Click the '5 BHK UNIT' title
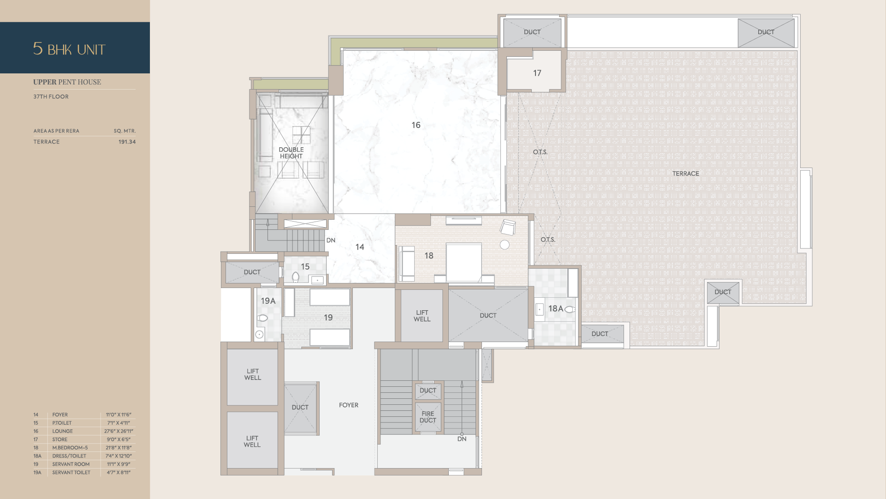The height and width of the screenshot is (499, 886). [x=69, y=49]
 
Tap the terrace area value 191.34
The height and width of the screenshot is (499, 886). [x=127, y=142]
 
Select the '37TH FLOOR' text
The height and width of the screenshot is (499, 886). [x=51, y=96]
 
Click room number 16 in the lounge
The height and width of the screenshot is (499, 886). [x=416, y=125]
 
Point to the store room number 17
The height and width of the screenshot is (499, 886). [x=537, y=73]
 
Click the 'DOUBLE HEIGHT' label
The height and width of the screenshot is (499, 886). [x=291, y=153]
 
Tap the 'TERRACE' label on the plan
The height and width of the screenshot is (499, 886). [x=685, y=174]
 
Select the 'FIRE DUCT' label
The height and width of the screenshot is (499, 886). [x=428, y=417]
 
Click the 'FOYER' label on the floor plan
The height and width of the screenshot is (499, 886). [x=349, y=405]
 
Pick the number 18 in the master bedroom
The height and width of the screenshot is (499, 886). [x=429, y=256]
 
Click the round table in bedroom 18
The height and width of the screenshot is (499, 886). [x=505, y=245]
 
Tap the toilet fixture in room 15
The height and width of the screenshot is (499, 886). [x=296, y=277]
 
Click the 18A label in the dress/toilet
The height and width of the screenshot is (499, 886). [x=555, y=308]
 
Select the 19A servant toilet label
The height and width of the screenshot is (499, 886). [x=268, y=301]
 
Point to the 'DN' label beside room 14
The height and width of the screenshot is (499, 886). [x=331, y=240]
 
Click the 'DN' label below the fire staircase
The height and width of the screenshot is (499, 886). [x=462, y=439]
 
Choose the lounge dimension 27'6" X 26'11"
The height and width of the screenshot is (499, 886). [x=119, y=431]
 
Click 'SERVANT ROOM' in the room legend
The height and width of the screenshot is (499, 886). [x=71, y=464]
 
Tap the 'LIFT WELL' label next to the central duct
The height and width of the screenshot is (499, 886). [x=422, y=316]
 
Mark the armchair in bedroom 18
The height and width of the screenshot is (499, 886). [x=507, y=227]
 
